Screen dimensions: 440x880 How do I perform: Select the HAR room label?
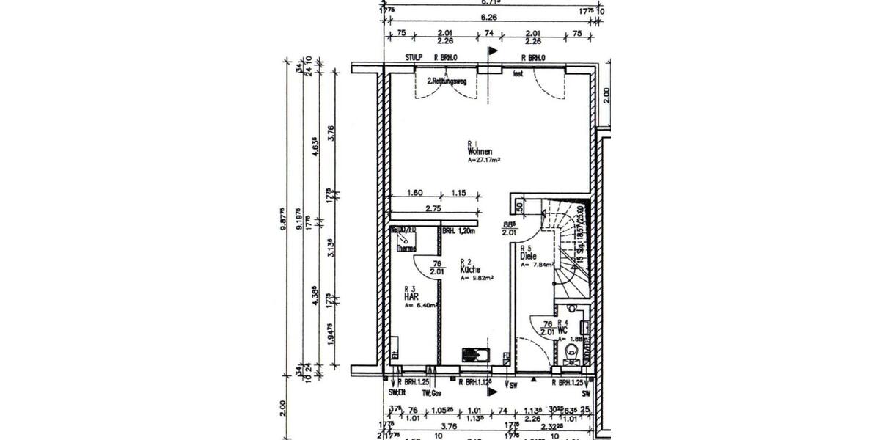click(x=412, y=297)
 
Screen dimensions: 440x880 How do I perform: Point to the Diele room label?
click(x=528, y=257)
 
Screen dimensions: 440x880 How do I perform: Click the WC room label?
click(x=562, y=330)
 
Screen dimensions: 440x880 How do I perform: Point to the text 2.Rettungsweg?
click(x=447, y=80)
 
